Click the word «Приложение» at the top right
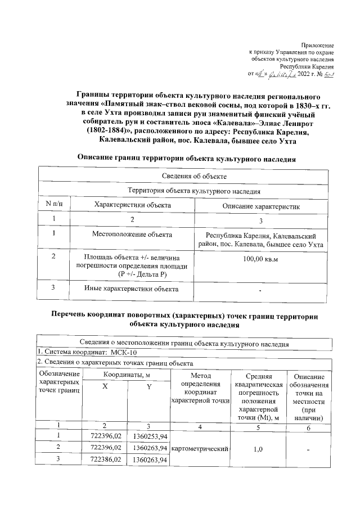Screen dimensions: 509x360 click(318, 44)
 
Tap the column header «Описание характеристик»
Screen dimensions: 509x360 click(260, 206)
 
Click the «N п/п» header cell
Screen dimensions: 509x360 click(53, 205)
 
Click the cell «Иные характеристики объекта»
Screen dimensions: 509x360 click(132, 289)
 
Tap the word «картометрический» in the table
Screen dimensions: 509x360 click(200, 449)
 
